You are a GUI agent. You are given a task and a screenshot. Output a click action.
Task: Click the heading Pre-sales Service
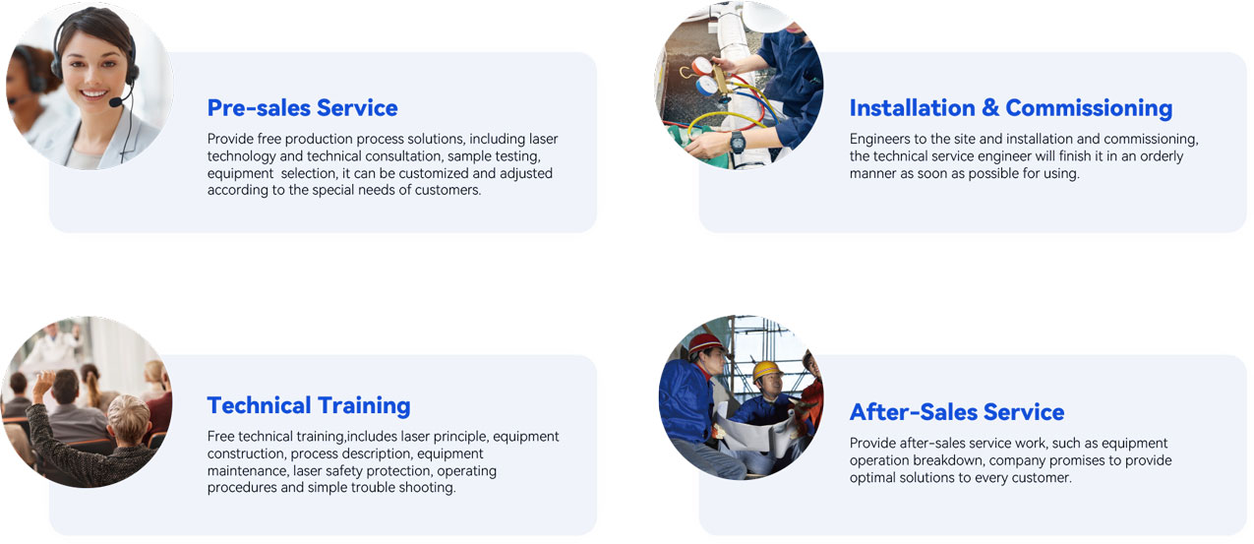[x=302, y=108]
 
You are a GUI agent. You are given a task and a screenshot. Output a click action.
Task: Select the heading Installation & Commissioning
[x=1011, y=108]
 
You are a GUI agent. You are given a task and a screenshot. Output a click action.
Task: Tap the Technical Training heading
[x=309, y=405]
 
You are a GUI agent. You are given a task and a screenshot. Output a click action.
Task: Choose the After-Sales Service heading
[x=957, y=412]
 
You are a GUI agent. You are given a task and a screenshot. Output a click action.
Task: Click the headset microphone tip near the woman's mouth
[x=115, y=102]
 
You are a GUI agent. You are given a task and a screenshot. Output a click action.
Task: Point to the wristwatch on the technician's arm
[x=738, y=143]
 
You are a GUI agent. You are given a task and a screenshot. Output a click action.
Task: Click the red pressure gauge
[x=701, y=67]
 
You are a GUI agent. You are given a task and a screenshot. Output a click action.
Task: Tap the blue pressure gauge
[x=706, y=86]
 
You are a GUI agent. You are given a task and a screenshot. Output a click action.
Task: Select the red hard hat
[x=705, y=342]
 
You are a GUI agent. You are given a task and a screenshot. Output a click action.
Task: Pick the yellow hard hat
[x=766, y=370]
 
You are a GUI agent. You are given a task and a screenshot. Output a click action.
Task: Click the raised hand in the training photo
[x=43, y=386]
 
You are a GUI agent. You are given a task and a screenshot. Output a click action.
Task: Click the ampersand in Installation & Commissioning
[x=989, y=107]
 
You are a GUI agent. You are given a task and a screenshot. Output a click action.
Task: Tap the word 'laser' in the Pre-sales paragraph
[x=543, y=139]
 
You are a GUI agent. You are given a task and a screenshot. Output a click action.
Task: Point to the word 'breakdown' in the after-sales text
[x=948, y=460]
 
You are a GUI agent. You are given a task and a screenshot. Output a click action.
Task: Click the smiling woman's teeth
[x=94, y=94]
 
